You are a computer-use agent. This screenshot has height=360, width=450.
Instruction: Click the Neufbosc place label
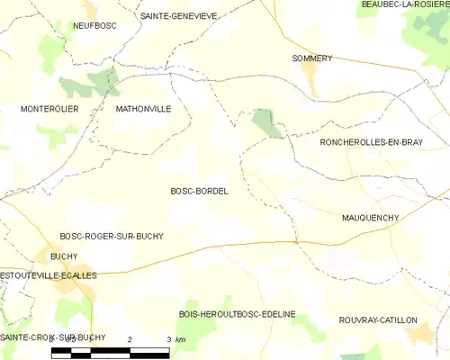click(x=92, y=27)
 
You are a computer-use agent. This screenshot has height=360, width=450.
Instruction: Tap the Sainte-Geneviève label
click(x=179, y=16)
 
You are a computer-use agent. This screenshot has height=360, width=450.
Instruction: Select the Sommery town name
click(x=312, y=58)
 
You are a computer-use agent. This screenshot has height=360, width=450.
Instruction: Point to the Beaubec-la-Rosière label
click(x=403, y=5)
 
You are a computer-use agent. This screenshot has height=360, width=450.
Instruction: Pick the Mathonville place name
click(x=143, y=109)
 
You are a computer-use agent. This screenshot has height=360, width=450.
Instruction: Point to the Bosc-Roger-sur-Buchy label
click(x=111, y=236)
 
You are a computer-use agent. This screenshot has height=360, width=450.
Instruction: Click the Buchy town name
click(x=64, y=256)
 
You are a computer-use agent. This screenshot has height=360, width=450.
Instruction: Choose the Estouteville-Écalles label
click(x=49, y=275)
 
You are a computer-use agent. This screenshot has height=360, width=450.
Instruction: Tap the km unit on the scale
click(x=180, y=339)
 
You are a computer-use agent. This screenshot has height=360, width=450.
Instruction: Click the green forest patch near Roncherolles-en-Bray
click(x=266, y=123)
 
